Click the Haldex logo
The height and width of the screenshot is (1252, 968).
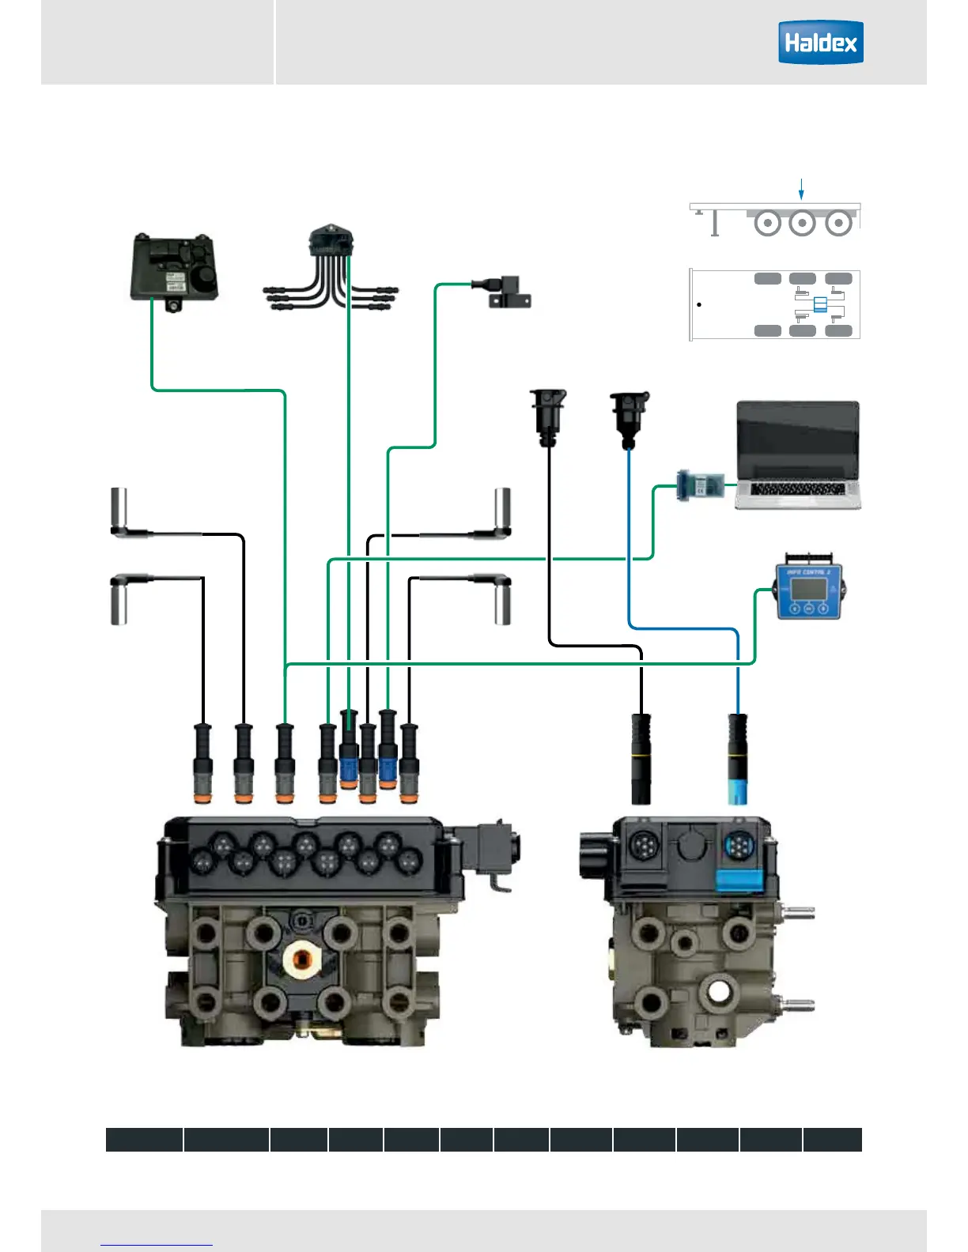coord(820,43)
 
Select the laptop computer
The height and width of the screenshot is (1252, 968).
coord(797,454)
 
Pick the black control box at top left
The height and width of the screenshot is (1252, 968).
coord(175,270)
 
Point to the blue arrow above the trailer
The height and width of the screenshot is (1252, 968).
coord(801,190)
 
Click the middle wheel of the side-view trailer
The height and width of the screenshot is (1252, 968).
coord(802,223)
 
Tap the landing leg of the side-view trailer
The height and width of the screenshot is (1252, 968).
coord(715,224)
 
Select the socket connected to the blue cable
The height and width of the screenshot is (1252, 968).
coord(629,415)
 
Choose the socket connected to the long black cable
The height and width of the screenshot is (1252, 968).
coord(548,415)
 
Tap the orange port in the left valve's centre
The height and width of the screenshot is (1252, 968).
coord(301,960)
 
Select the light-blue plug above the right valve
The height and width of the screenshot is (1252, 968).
coord(737,790)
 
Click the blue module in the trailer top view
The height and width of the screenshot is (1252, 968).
coord(820,304)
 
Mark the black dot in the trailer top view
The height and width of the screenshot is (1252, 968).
coord(699,304)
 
